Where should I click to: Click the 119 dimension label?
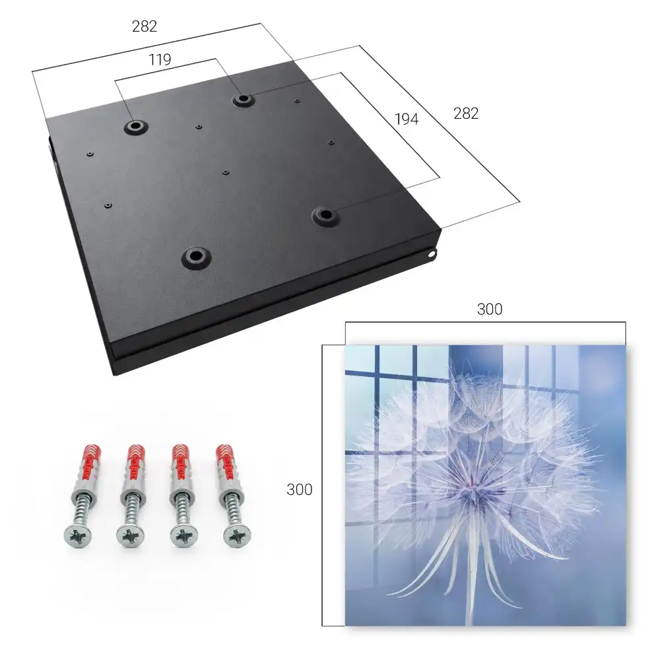click(x=160, y=60)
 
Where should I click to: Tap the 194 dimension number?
click(x=407, y=119)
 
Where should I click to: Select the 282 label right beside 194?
click(x=466, y=114)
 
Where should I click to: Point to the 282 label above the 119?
click(x=145, y=26)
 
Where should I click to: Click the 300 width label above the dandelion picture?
click(x=490, y=310)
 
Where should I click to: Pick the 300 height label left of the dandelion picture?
click(x=299, y=490)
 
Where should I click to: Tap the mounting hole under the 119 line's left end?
click(x=135, y=125)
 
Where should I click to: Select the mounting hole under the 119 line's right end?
click(x=242, y=100)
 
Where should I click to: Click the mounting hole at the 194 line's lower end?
click(x=325, y=215)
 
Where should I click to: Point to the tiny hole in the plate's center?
click(x=226, y=172)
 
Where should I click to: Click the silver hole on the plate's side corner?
click(x=432, y=253)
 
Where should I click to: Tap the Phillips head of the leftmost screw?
click(x=78, y=535)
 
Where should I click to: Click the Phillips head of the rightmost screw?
click(x=236, y=535)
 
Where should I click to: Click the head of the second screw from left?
click(x=131, y=536)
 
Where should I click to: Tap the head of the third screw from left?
click(x=184, y=536)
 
